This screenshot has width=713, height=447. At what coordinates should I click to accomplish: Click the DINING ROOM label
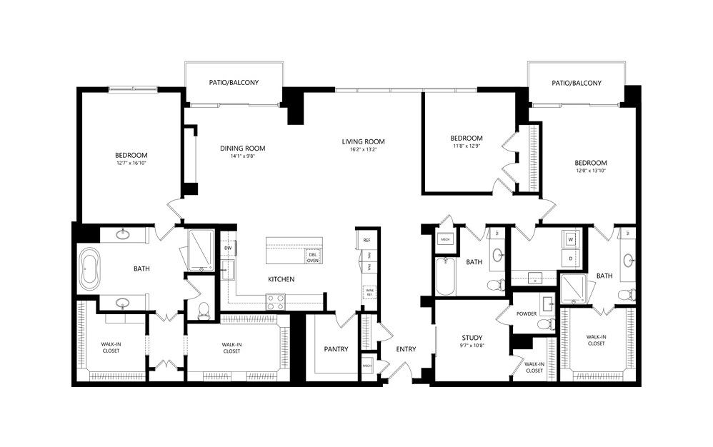pyautogui.click(x=242, y=149)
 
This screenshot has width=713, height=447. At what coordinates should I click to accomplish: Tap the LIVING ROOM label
pyautogui.click(x=363, y=141)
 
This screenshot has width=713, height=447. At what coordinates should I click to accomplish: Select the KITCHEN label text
pyautogui.click(x=281, y=279)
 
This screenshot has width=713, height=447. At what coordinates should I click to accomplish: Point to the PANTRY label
pyautogui.click(x=335, y=349)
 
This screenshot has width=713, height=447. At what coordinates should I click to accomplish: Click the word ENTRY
pyautogui.click(x=406, y=349)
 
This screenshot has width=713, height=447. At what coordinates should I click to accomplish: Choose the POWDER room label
pyautogui.click(x=526, y=313)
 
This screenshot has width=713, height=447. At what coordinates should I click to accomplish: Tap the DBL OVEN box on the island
pyautogui.click(x=313, y=257)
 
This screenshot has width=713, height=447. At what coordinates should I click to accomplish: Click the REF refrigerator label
pyautogui.click(x=367, y=241)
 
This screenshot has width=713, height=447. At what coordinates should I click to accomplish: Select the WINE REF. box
pyautogui.click(x=369, y=291)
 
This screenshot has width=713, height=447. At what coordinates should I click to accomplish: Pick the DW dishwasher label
pyautogui.click(x=228, y=248)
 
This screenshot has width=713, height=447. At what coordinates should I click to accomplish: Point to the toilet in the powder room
pyautogui.click(x=545, y=324)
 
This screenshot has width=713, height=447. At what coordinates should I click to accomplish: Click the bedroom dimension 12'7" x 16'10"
pyautogui.click(x=131, y=163)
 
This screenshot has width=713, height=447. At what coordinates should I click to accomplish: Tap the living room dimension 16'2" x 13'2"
pyautogui.click(x=363, y=149)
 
